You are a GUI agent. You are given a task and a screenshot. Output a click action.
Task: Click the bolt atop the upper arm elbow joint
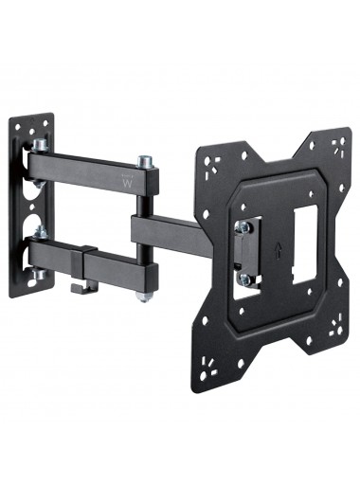tap(145, 162)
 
